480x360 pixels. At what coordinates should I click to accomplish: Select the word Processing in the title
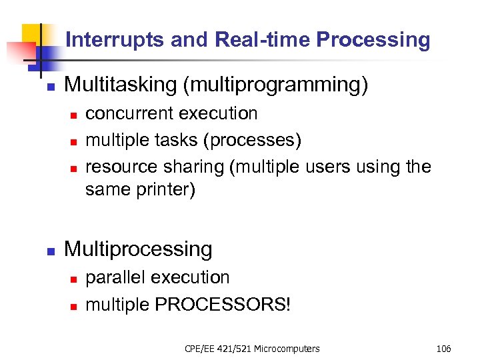(x=373, y=40)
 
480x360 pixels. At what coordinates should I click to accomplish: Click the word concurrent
(x=126, y=113)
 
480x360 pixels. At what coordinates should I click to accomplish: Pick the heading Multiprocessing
(x=138, y=249)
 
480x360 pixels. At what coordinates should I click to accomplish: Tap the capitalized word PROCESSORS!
(x=223, y=304)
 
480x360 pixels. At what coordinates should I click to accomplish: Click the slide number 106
(x=443, y=349)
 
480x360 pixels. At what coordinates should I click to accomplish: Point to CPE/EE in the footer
(x=199, y=349)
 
